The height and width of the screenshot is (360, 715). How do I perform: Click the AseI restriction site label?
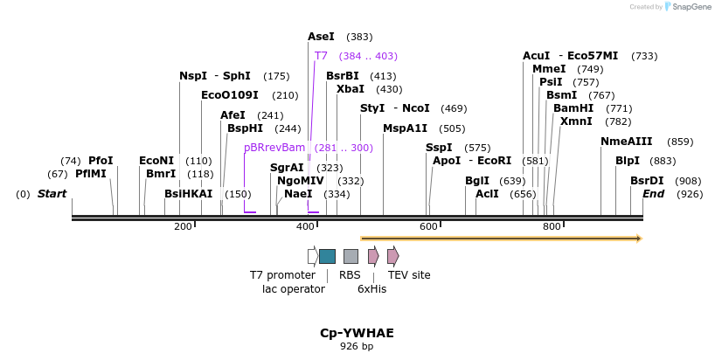pyautogui.click(x=321, y=37)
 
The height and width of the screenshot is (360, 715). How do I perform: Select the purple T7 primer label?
pyautogui.click(x=321, y=56)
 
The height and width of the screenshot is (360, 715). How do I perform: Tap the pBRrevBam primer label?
pyautogui.click(x=274, y=148)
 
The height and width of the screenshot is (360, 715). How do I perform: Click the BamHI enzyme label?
pyautogui.click(x=573, y=108)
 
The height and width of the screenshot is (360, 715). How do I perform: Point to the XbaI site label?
pyautogui.click(x=351, y=89)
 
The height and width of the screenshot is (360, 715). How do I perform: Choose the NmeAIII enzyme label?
pyautogui.click(x=626, y=142)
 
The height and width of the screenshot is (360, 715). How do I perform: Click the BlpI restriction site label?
pyautogui.click(x=627, y=161)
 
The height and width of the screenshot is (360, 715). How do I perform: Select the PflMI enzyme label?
pyautogui.click(x=90, y=174)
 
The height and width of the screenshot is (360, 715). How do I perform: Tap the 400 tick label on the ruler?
pyautogui.click(x=306, y=227)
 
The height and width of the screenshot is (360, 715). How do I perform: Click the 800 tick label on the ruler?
pyautogui.click(x=552, y=227)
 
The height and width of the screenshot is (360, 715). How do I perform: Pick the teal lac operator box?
pyautogui.click(x=327, y=256)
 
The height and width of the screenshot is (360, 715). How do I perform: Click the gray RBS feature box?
pyautogui.click(x=351, y=256)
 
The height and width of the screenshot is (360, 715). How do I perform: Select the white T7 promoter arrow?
pyautogui.click(x=312, y=256)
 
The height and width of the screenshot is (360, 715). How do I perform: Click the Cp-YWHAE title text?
pyautogui.click(x=357, y=333)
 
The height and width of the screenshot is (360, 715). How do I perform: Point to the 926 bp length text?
pyautogui.click(x=357, y=347)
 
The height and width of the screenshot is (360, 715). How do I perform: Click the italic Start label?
pyautogui.click(x=52, y=193)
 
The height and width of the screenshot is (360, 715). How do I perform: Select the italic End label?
pyautogui.click(x=653, y=193)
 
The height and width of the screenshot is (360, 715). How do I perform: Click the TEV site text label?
pyautogui.click(x=409, y=275)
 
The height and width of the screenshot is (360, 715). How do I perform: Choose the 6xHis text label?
pyautogui.click(x=371, y=288)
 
